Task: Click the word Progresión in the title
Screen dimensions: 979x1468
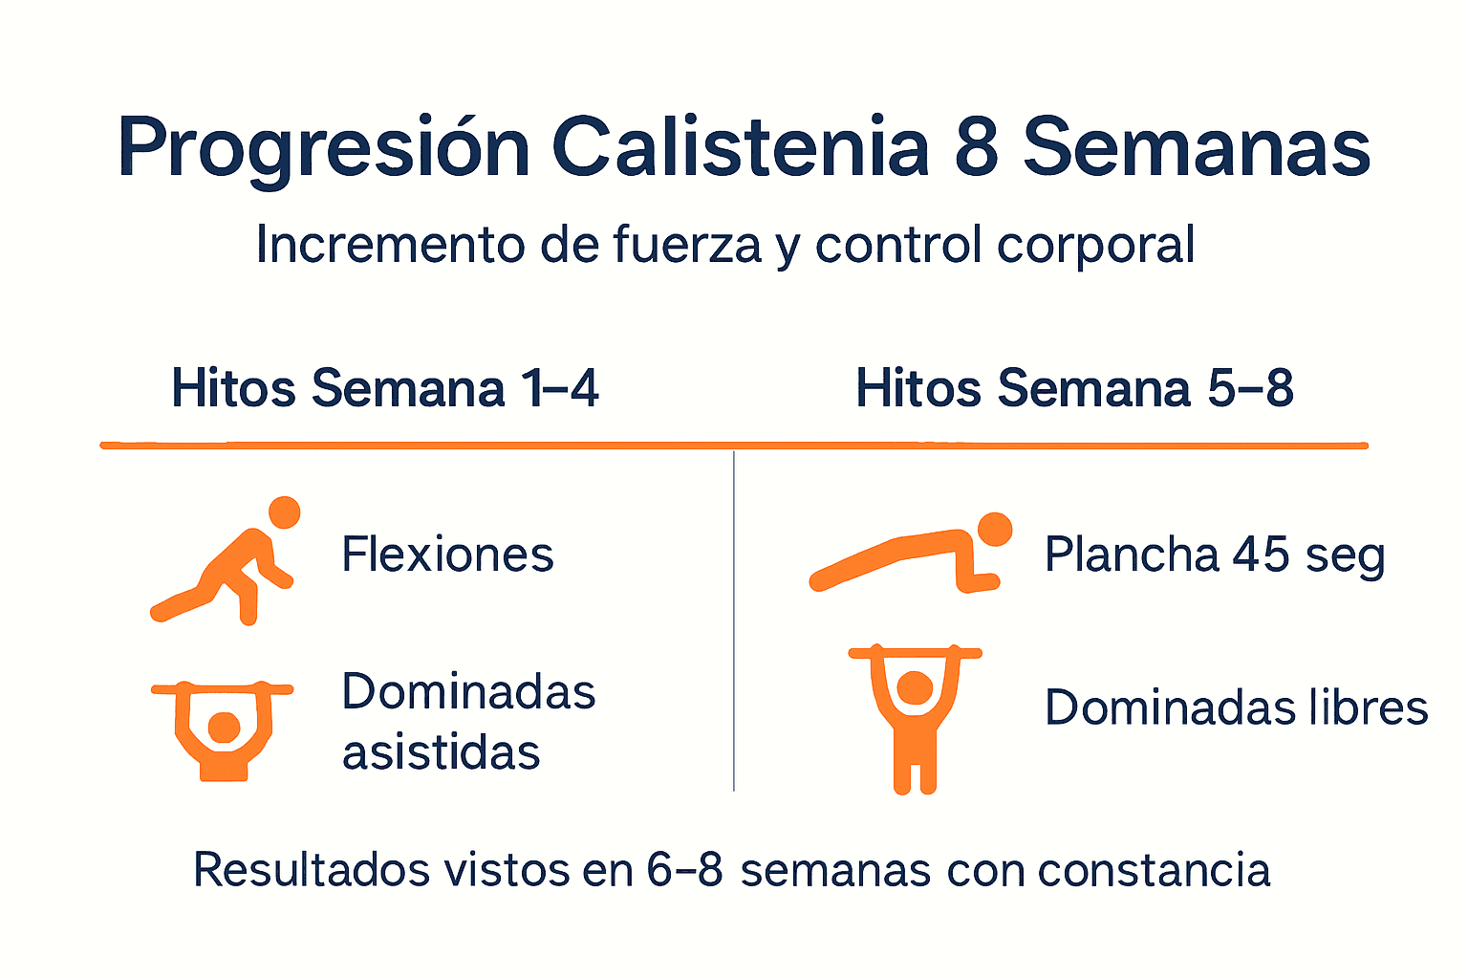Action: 324,148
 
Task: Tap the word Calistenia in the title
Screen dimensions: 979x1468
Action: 741,148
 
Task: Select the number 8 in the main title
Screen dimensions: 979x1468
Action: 976,148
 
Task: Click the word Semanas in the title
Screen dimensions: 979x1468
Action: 1197,148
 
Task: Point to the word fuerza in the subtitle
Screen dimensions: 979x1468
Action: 686,245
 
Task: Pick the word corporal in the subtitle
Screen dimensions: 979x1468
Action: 1095,245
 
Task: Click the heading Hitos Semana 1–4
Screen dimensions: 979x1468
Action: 385,389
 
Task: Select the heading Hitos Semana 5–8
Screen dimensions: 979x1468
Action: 1074,389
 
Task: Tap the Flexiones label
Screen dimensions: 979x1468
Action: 447,555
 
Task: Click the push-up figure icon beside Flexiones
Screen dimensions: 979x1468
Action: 229,564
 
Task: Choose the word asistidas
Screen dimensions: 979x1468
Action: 441,752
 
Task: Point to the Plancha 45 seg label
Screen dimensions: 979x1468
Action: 1214,555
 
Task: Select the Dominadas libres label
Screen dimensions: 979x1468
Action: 1236,708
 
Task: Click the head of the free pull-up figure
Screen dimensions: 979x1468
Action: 915,687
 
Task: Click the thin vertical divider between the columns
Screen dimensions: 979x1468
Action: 734,621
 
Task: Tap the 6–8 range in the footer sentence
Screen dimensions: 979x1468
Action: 684,871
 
